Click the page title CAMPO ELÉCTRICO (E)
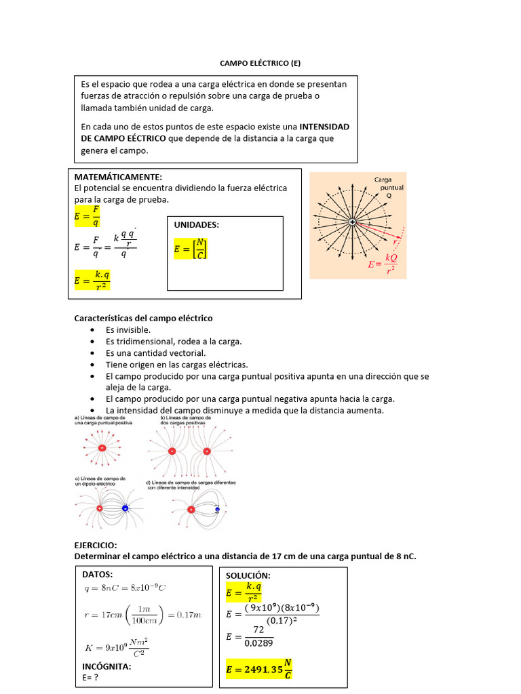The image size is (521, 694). [x=260, y=63]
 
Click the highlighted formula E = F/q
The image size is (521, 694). [x=87, y=217]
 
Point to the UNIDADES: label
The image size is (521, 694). [x=197, y=225]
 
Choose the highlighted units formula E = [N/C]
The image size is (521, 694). [x=191, y=249]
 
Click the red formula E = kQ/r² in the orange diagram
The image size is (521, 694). [x=382, y=263]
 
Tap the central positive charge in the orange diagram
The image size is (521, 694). [x=352, y=222]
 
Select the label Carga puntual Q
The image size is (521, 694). [x=389, y=186]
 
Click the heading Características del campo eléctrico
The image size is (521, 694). [x=143, y=318]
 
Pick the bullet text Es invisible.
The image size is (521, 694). [x=128, y=330]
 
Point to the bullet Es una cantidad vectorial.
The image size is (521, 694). [x=155, y=353]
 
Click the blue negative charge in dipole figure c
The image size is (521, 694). [x=125, y=508]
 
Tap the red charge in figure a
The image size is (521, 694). [x=102, y=449]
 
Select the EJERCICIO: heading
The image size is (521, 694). [x=96, y=545]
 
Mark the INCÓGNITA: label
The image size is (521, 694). [x=107, y=666]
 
